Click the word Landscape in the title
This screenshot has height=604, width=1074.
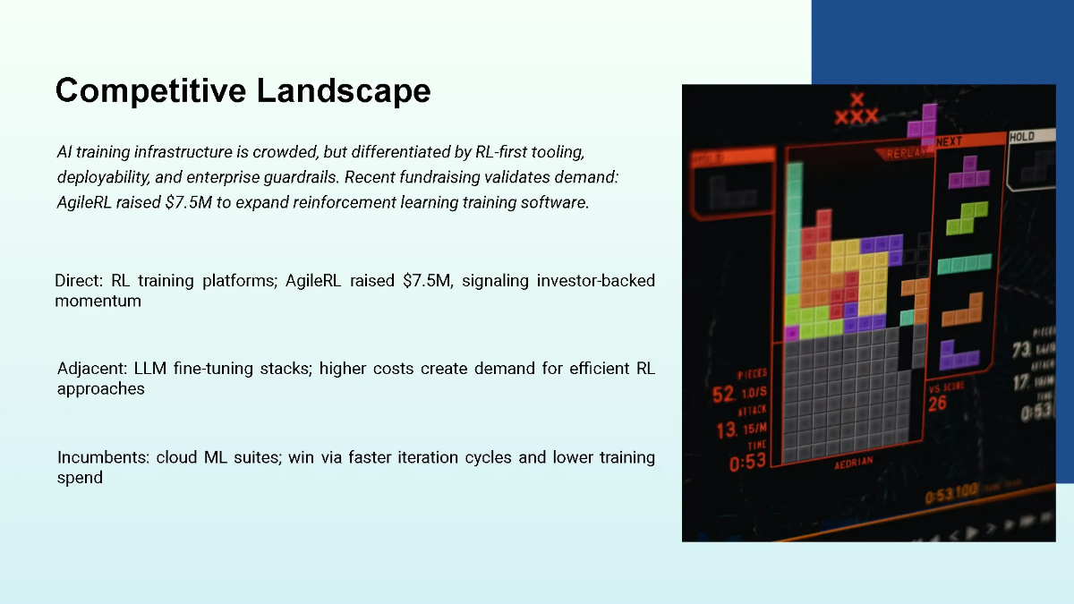[x=343, y=90]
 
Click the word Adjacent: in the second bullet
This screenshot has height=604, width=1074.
[x=92, y=369]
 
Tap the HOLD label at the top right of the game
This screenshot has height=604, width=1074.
[x=1022, y=137]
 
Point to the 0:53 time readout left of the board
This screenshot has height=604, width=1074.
[x=747, y=463]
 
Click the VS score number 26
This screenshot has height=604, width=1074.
[x=937, y=404]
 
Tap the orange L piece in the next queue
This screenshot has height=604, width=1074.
[x=962, y=309]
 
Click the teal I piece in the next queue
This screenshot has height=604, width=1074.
[x=964, y=263]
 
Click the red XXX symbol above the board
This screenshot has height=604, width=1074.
[x=856, y=111]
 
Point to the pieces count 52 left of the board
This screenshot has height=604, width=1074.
[x=723, y=395]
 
